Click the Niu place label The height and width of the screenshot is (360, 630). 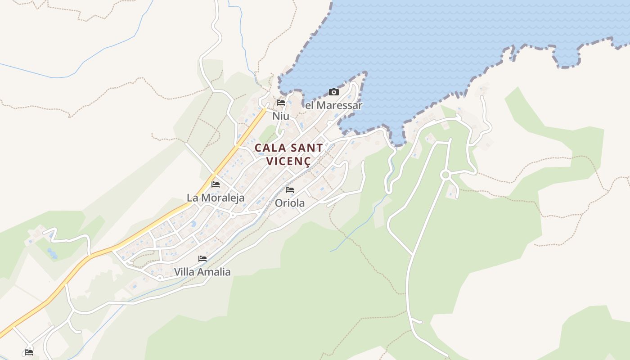pyautogui.click(x=280, y=116)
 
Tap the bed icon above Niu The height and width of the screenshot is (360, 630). pyautogui.click(x=281, y=103)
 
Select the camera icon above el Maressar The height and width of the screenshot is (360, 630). pyautogui.click(x=334, y=92)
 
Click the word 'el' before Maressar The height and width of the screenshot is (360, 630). pyautogui.click(x=309, y=105)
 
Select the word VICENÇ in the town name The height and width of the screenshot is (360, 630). pyautogui.click(x=288, y=161)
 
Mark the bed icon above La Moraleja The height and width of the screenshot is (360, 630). pyautogui.click(x=216, y=184)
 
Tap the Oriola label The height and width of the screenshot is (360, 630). pyautogui.click(x=289, y=203)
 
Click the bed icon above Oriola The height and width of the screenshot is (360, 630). pyautogui.click(x=289, y=190)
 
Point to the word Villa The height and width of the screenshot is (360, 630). pyautogui.click(x=184, y=272)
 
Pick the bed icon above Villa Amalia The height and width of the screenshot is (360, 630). pyautogui.click(x=202, y=259)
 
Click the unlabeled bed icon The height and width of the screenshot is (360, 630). pyautogui.click(x=29, y=352)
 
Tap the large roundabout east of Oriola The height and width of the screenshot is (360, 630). pyautogui.click(x=445, y=175)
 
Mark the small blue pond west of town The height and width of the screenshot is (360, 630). pyautogui.click(x=52, y=254)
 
